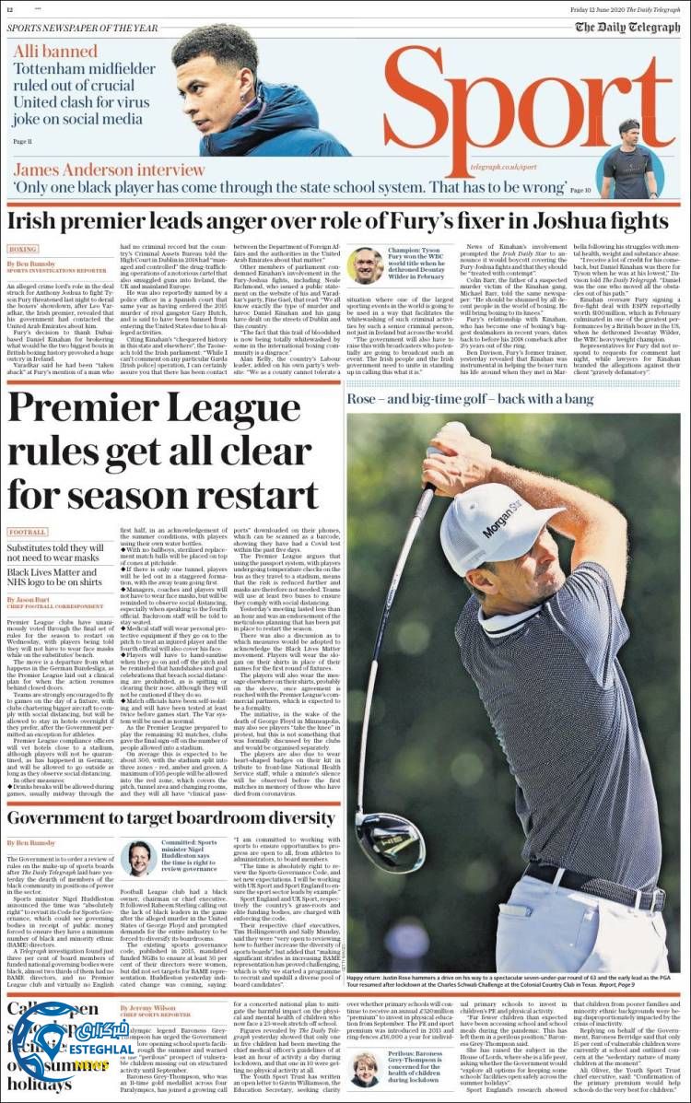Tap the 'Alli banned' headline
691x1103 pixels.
(48, 53)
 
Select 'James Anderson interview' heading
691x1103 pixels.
(110, 170)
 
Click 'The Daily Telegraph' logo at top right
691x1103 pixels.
(627, 27)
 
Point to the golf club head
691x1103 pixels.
(387, 839)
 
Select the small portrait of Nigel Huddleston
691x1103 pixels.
(138, 858)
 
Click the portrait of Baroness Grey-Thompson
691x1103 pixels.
(365, 1069)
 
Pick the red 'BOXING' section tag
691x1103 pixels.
(23, 249)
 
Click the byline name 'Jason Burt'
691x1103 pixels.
(32, 599)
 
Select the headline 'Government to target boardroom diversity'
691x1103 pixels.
(170, 818)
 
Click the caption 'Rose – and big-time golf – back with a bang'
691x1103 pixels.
(470, 399)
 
